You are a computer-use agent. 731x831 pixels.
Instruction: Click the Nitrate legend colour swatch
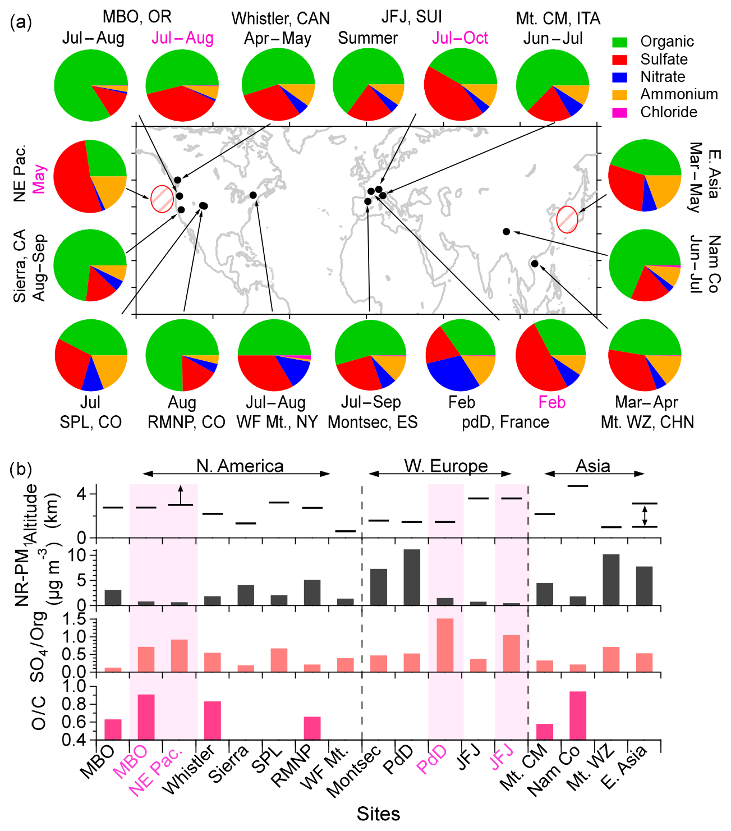(619, 77)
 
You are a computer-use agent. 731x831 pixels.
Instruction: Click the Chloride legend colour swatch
(619, 112)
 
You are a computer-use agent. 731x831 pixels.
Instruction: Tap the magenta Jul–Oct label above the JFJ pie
(460, 38)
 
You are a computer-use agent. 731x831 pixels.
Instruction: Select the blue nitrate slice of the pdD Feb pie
(453, 373)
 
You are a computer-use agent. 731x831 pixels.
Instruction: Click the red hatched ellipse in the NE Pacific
(162, 199)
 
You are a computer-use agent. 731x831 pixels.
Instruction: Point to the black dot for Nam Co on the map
(506, 232)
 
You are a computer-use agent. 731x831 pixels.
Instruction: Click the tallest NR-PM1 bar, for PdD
(412, 577)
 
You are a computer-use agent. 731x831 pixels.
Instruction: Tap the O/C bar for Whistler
(213, 720)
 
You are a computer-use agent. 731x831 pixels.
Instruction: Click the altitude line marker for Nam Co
(578, 486)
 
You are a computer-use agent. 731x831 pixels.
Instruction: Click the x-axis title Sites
(378, 814)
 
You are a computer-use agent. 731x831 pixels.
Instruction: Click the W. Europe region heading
(446, 466)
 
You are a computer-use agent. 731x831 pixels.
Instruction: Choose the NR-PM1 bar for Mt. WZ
(611, 580)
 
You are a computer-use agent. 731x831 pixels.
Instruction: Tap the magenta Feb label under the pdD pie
(552, 402)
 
